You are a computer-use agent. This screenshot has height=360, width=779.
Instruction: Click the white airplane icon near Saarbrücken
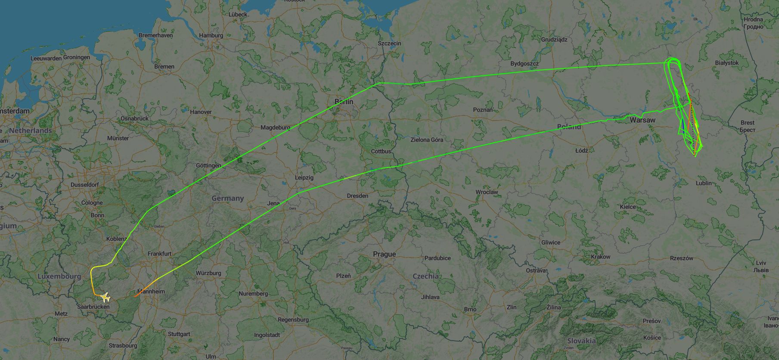(x=105, y=297)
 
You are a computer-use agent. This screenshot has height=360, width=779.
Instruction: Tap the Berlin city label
(x=344, y=102)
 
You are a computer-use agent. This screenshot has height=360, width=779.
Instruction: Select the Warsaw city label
(x=642, y=120)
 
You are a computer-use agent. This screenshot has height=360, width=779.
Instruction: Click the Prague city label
(x=384, y=254)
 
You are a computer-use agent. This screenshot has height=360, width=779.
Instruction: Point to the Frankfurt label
(x=159, y=254)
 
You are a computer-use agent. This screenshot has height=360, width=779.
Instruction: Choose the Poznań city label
(x=483, y=110)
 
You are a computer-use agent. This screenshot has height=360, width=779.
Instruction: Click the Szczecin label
(x=389, y=43)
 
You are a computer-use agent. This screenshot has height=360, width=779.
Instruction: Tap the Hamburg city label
(x=211, y=35)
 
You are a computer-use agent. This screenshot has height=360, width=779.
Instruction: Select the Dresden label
(x=357, y=196)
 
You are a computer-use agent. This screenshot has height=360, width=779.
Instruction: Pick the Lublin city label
(x=704, y=183)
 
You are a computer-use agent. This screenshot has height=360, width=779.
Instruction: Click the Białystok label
(x=726, y=63)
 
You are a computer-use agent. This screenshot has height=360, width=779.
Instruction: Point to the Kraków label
(x=600, y=257)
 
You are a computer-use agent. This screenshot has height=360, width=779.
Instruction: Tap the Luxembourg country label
(x=59, y=276)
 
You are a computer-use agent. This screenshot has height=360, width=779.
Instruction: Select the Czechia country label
(x=425, y=276)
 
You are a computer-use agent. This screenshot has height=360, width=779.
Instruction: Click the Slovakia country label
(x=581, y=341)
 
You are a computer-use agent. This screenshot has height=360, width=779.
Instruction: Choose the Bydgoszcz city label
(x=524, y=64)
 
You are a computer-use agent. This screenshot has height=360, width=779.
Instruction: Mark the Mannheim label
(x=151, y=292)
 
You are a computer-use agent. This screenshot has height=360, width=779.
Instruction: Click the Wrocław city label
(x=487, y=192)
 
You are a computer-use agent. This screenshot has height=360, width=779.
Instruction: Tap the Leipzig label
(x=304, y=177)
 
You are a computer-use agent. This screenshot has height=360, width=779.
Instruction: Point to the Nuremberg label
(x=253, y=294)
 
